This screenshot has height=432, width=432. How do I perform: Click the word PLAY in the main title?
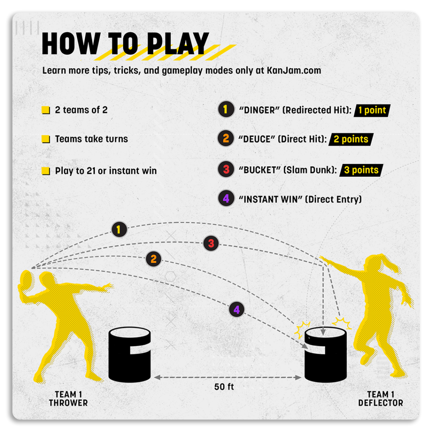(x=178, y=43)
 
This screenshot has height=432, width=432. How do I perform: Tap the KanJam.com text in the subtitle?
(x=294, y=70)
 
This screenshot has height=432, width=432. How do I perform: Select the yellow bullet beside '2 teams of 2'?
(x=46, y=110)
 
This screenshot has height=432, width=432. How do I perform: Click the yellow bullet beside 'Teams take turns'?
(x=46, y=139)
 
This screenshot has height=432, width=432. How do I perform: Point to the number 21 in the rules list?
(x=91, y=171)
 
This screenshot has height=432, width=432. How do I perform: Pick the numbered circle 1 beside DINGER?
(x=226, y=109)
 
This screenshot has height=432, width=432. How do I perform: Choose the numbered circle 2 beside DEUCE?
(x=226, y=138)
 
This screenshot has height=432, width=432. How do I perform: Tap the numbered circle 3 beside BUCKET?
(x=226, y=169)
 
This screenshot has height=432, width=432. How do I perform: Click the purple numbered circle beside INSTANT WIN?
(x=226, y=198)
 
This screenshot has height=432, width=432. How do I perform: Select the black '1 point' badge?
(x=372, y=111)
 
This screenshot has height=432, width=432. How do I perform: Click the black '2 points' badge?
(x=351, y=139)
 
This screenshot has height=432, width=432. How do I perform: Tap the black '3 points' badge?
(x=361, y=170)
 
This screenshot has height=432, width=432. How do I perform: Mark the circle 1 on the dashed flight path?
(x=119, y=229)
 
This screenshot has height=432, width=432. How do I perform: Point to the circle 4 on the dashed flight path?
(x=237, y=309)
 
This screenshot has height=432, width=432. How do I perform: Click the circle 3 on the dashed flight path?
(x=211, y=243)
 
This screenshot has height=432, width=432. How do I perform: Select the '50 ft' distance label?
(x=224, y=387)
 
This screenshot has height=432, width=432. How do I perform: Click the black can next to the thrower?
(x=130, y=355)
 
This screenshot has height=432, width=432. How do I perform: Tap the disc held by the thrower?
(x=25, y=284)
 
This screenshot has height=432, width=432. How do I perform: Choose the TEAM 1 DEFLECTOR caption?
(x=381, y=399)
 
